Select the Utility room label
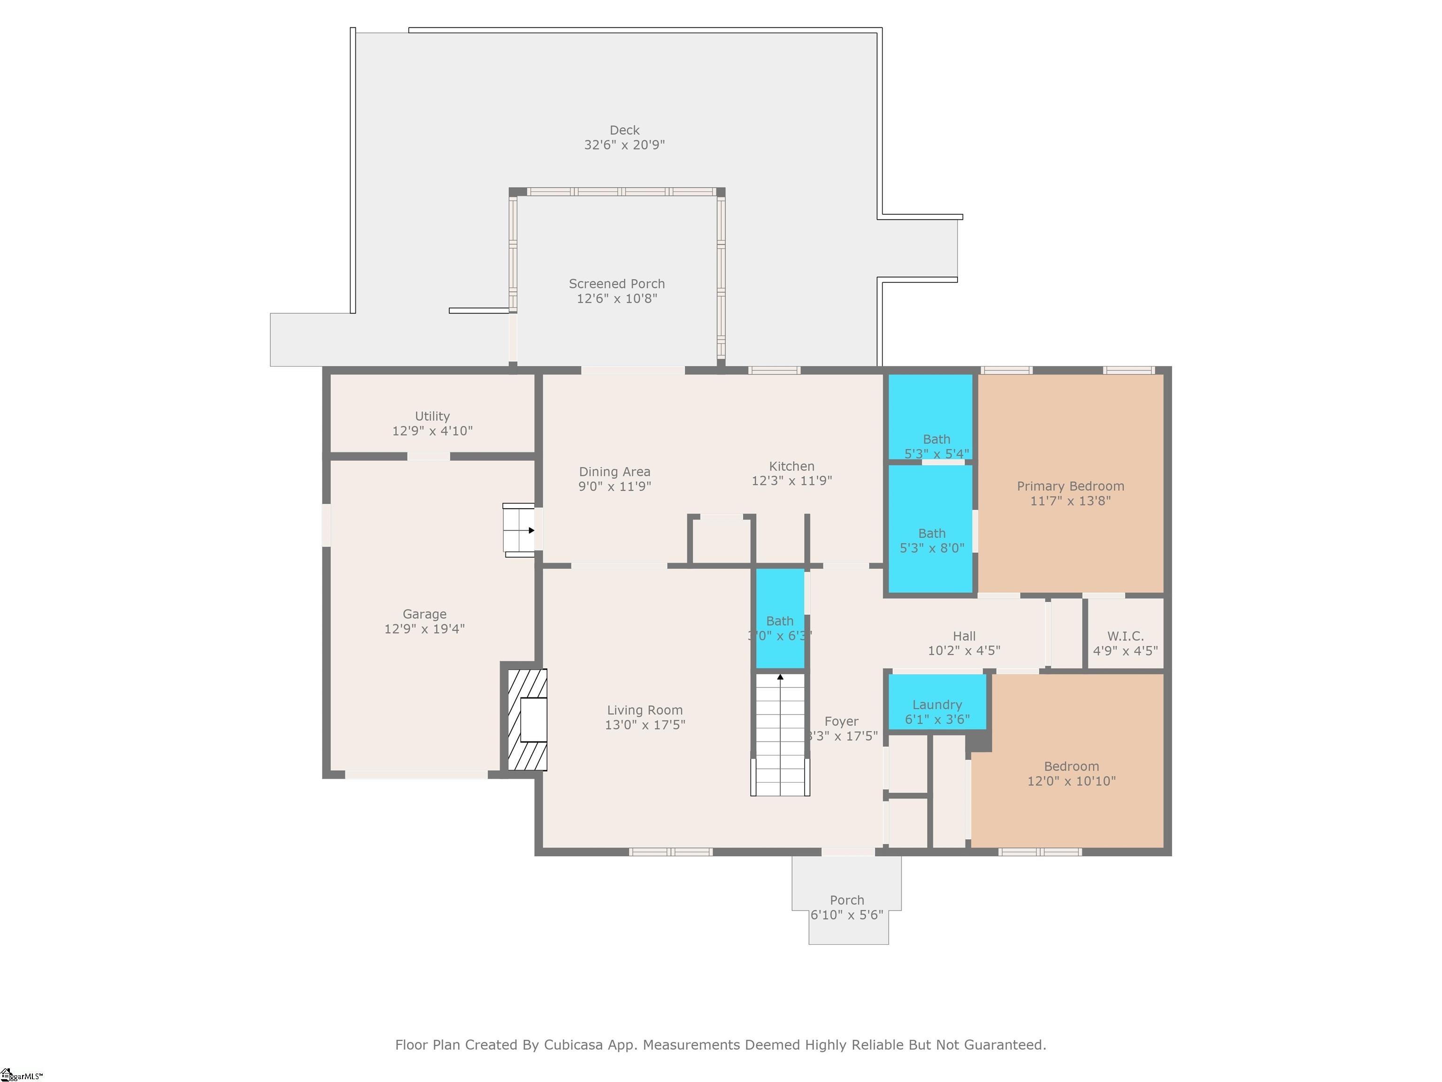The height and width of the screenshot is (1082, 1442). point(432,416)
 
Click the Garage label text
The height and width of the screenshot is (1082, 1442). point(424,614)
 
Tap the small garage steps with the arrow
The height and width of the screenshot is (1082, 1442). point(519,530)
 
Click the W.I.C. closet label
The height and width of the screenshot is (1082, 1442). point(1125,636)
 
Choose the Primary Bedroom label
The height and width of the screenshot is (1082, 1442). point(1070,487)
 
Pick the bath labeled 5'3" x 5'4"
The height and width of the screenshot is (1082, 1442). point(936,446)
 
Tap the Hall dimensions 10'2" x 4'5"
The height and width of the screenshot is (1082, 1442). point(964,650)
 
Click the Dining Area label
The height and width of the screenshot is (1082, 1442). point(614,471)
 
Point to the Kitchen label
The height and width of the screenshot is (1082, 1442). point(791,466)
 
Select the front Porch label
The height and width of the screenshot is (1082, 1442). point(846,900)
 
